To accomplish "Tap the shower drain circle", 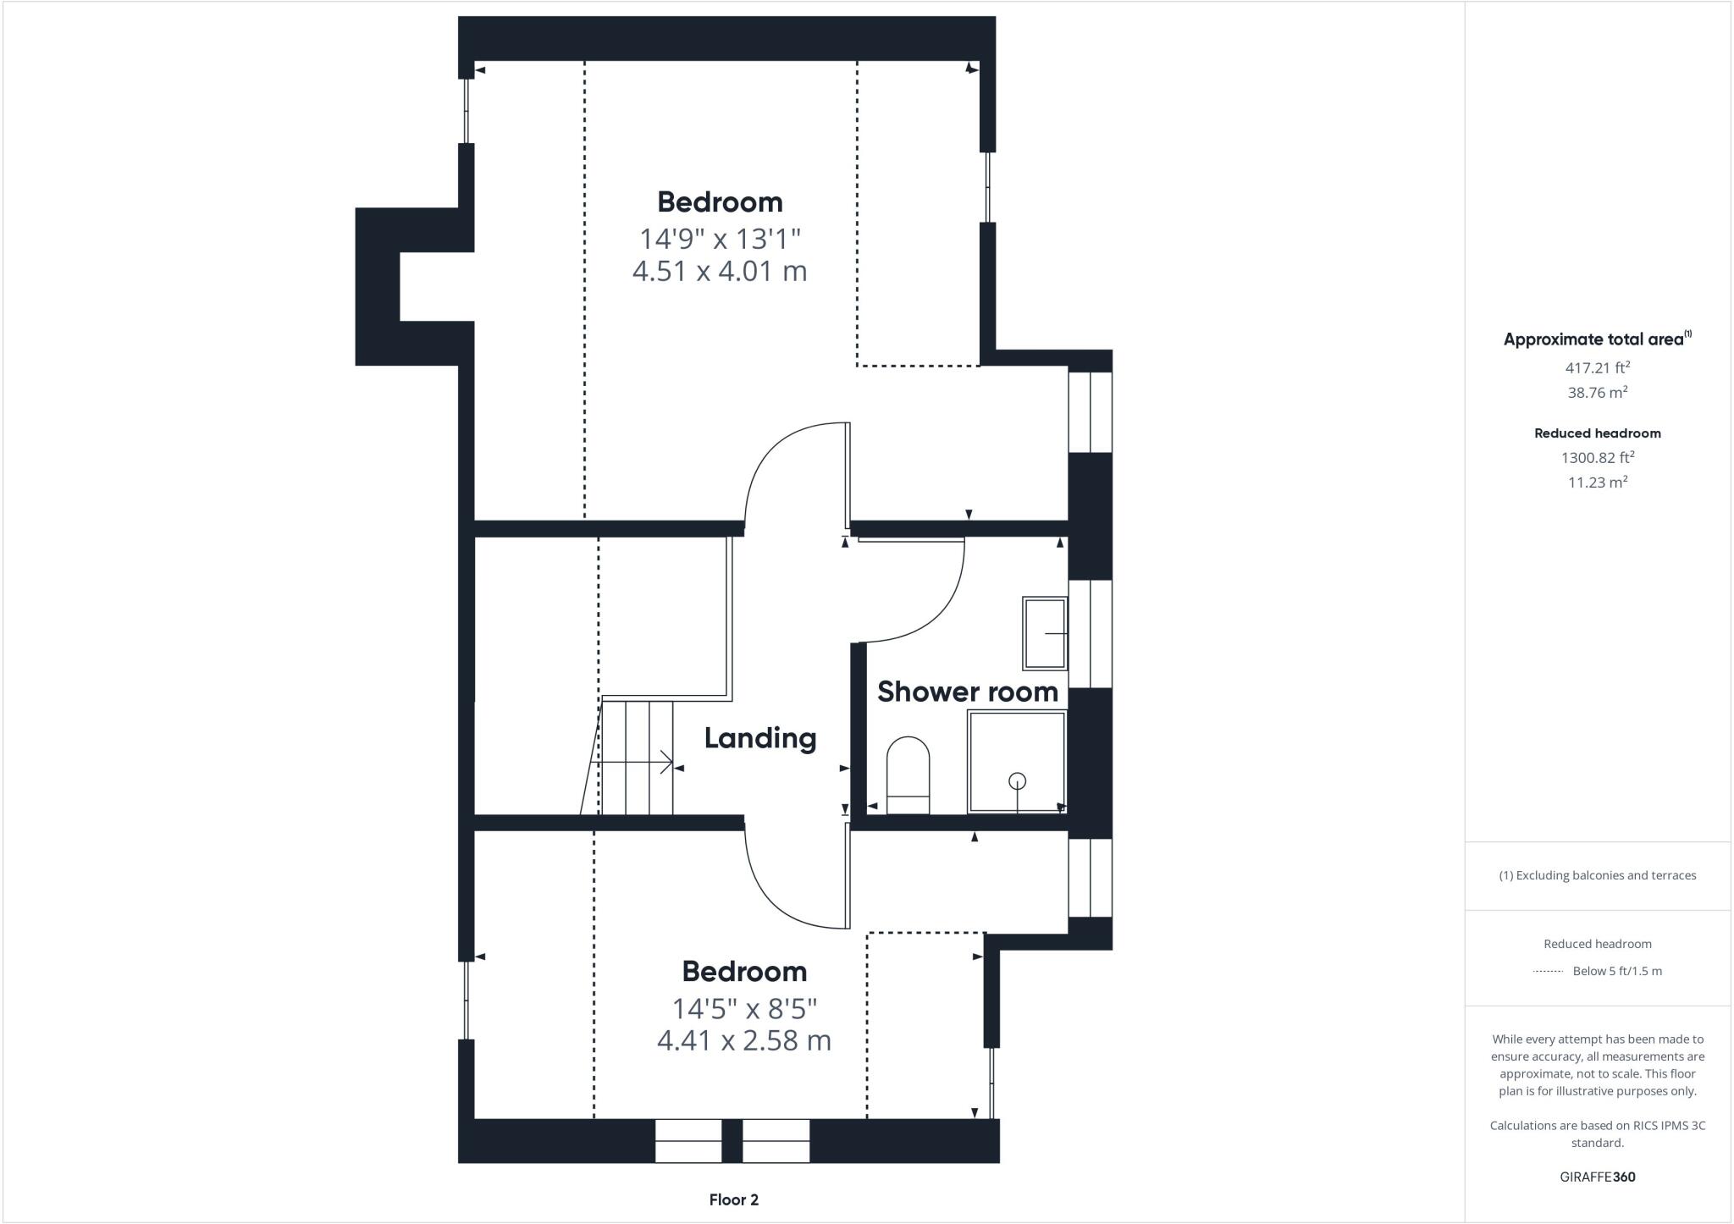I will [x=1017, y=780].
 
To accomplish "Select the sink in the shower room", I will [x=1045, y=633].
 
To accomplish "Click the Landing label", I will [x=760, y=738].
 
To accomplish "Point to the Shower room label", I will [x=968, y=692].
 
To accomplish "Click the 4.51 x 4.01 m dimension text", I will [x=720, y=272].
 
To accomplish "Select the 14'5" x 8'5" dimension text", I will [x=744, y=1008].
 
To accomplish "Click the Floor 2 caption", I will [x=733, y=1199].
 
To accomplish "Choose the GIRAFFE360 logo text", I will [x=1597, y=1177].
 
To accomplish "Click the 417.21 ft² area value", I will [x=1597, y=368].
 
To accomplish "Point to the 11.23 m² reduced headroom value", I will [x=1597, y=482].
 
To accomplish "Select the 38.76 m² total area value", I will [x=1597, y=393].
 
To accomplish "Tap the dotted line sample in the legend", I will [x=1548, y=972].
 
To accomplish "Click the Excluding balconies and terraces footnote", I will [x=1597, y=875].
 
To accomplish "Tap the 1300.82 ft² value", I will [x=1597, y=458].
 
